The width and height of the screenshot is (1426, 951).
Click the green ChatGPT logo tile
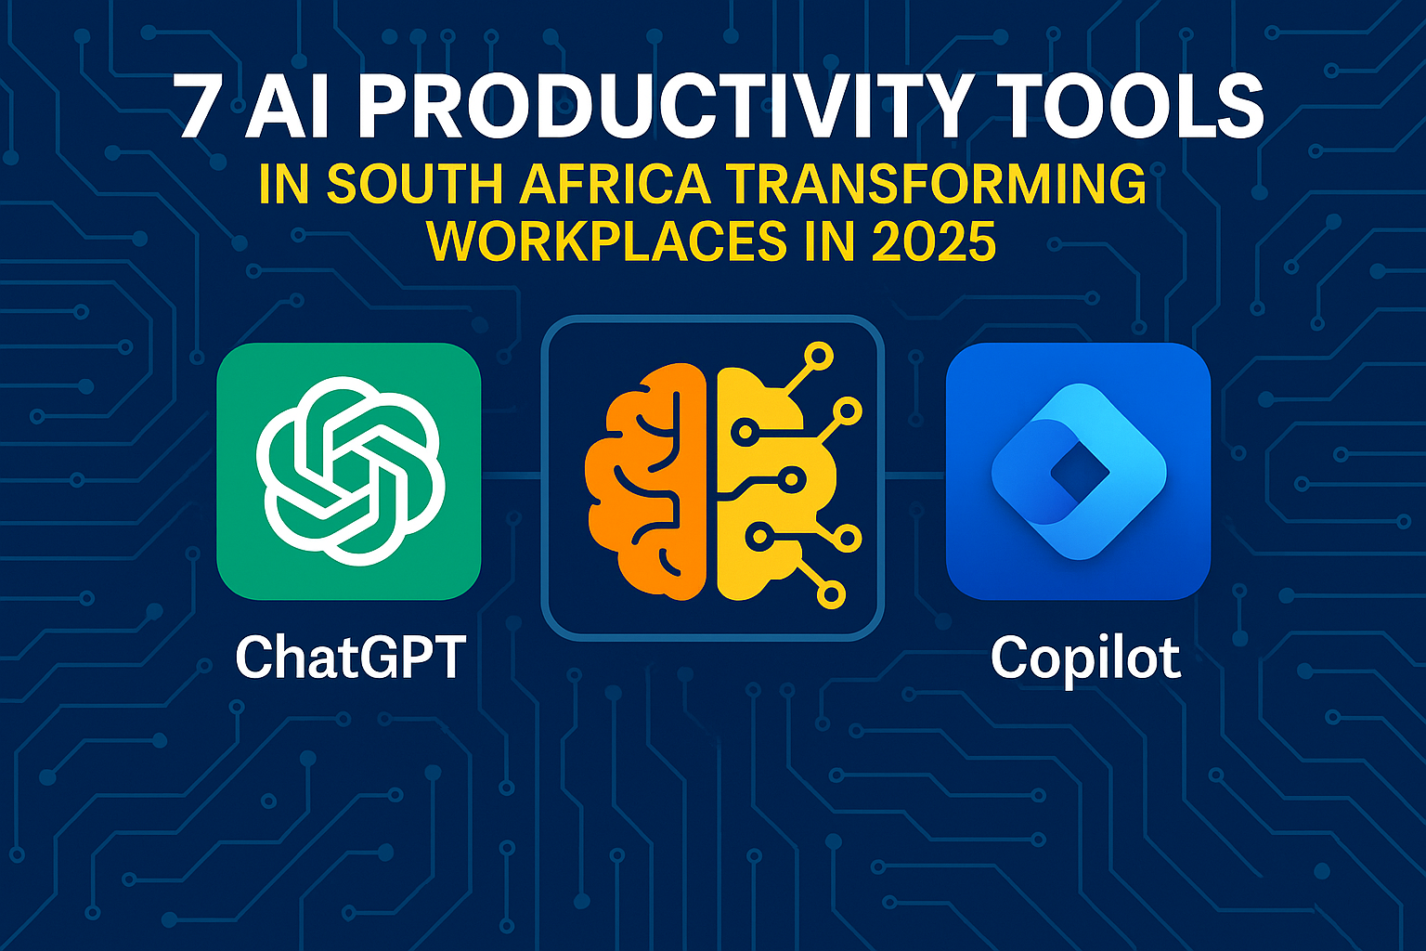coord(348,471)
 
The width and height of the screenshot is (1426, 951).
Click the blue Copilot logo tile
coord(1078,471)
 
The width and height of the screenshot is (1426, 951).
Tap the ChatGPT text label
coord(350,658)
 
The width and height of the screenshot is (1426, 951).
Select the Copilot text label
coord(1084,658)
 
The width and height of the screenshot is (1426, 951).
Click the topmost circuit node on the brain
coord(819,356)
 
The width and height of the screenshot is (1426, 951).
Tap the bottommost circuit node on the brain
coord(832,594)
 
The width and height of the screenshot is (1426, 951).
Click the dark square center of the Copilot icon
coord(1079,474)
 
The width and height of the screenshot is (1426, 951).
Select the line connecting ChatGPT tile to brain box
coord(511,475)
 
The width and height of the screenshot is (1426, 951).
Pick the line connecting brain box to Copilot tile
coord(914,475)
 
